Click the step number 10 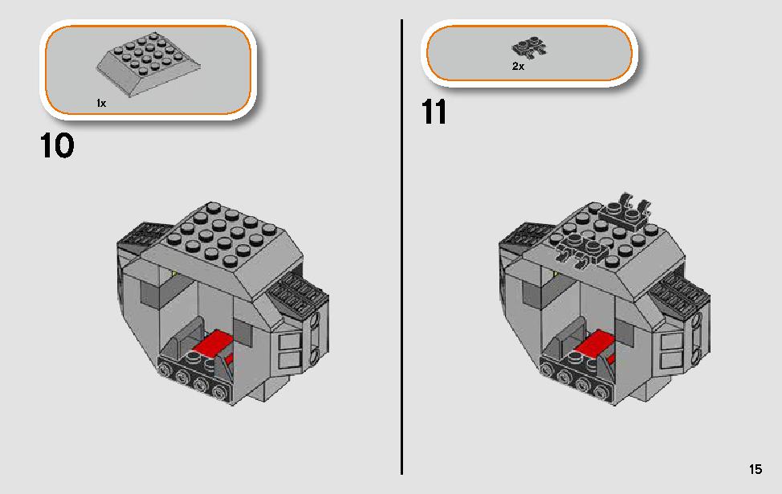pyautogui.click(x=57, y=145)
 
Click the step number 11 pyautogui.click(x=434, y=112)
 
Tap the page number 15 pyautogui.click(x=755, y=469)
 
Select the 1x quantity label pyautogui.click(x=101, y=104)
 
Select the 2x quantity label pyautogui.click(x=518, y=66)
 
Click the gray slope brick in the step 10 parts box pyautogui.click(x=149, y=63)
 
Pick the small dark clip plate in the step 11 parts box pyautogui.click(x=528, y=48)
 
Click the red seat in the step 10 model pyautogui.click(x=213, y=343)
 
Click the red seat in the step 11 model pyautogui.click(x=594, y=343)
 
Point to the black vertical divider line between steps pyautogui.click(x=401, y=247)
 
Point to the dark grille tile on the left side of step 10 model pyautogui.click(x=141, y=235)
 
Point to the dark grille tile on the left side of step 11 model pyautogui.click(x=523, y=235)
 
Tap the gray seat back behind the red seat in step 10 pyautogui.click(x=188, y=334)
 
